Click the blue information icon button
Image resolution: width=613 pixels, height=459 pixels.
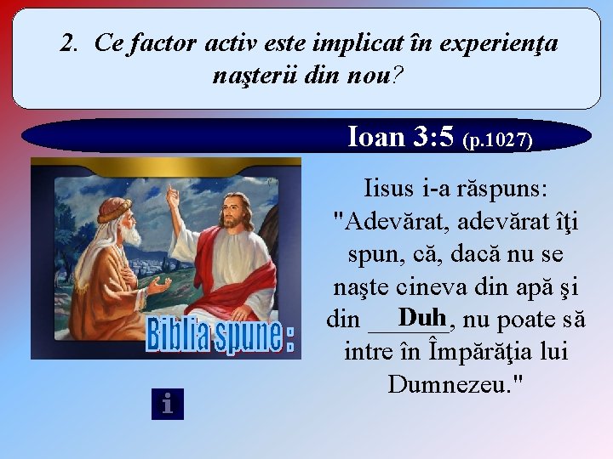168,404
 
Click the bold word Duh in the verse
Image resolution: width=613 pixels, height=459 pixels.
423,318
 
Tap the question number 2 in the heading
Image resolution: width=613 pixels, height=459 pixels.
68,42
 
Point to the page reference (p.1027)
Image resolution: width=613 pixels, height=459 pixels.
497,140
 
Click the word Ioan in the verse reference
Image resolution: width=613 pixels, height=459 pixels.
375,137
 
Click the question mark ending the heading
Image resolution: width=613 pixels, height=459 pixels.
399,76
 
